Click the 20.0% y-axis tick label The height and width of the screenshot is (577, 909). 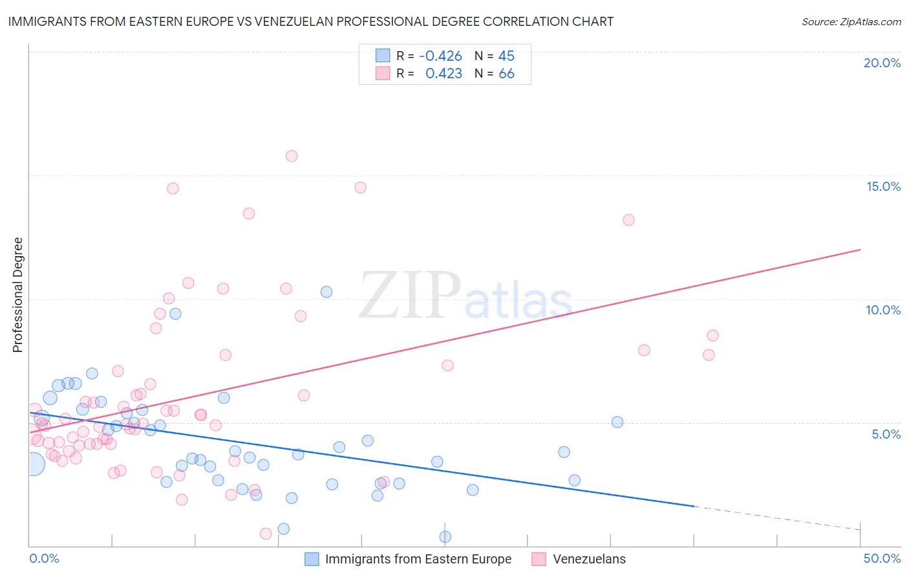point(882,63)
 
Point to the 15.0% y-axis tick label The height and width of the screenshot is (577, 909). point(883,186)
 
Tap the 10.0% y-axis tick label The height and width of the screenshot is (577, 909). point(883,310)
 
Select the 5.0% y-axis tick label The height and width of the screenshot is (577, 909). point(886,434)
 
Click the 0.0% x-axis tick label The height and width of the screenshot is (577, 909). point(44,558)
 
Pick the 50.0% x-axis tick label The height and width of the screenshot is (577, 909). point(882,558)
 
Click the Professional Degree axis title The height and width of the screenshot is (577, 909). point(17,295)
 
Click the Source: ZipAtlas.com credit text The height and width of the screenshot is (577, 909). point(851,21)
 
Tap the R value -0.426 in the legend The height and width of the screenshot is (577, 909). point(440,56)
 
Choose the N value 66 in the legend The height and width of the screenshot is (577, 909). point(506,74)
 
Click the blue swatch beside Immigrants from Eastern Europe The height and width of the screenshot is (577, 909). point(312,559)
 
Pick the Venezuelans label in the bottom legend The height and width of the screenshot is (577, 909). point(589,559)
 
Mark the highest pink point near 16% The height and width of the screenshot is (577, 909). point(292,156)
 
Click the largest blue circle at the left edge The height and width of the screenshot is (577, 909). point(33,464)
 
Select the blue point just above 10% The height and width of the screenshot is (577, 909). point(326,292)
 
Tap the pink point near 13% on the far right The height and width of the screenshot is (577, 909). point(628,220)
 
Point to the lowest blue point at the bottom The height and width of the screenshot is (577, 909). point(445,537)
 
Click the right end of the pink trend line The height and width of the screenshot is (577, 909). point(860,250)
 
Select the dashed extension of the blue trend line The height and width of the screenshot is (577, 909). point(776,518)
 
